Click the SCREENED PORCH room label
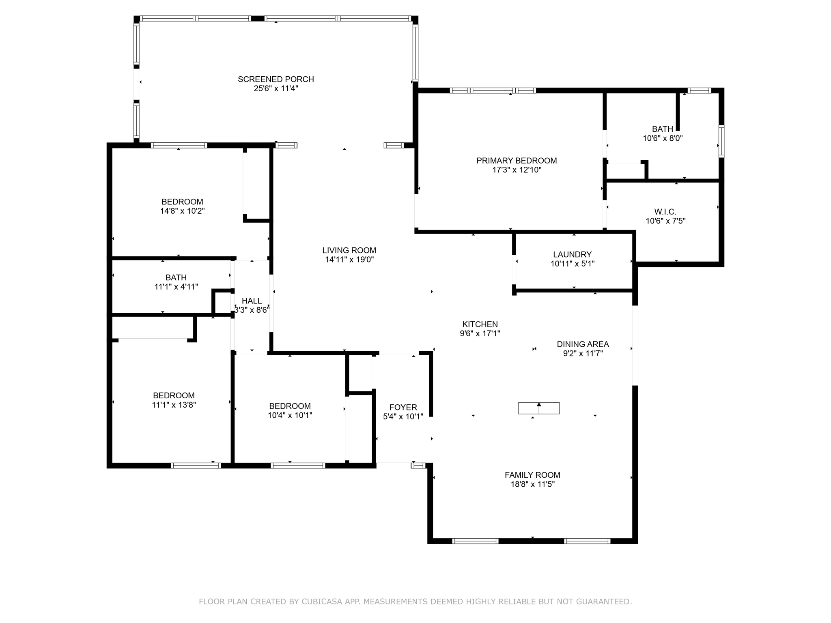[276, 79]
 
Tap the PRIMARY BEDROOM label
[517, 161]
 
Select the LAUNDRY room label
[572, 254]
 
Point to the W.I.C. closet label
[665, 212]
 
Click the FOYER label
[403, 407]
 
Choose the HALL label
[252, 301]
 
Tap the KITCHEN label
[480, 324]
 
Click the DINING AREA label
[583, 344]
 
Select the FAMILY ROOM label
[532, 475]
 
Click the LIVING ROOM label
[349, 250]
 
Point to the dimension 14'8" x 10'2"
[182, 211]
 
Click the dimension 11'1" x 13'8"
[174, 405]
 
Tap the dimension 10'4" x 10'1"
[290, 415]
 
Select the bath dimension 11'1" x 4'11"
[176, 287]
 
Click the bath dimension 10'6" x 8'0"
[663, 138]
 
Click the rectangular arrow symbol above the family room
[539, 408]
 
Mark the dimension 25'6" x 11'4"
[276, 88]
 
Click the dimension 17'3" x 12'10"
[517, 170]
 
